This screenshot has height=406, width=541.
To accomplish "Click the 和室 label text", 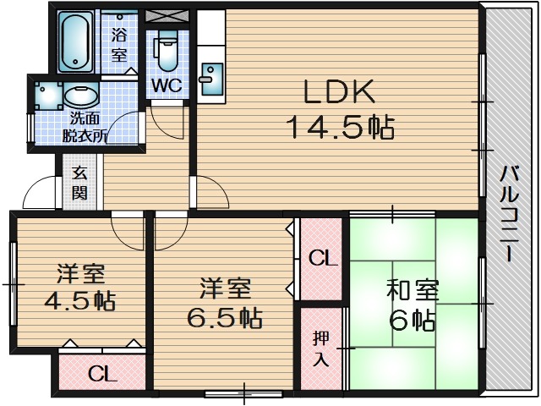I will pyautogui.click(x=413, y=290).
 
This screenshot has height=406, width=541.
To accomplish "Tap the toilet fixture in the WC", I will pyautogui.click(x=166, y=51).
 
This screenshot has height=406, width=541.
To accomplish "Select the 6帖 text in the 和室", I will pyautogui.click(x=413, y=320).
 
